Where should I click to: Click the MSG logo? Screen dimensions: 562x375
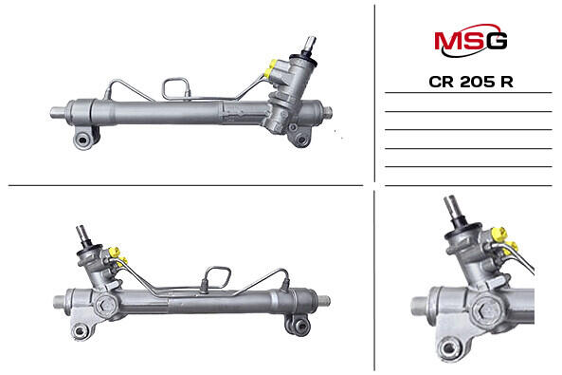click(471, 40)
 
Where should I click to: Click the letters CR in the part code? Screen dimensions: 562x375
click(442, 82)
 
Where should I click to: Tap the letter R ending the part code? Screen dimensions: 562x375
click(507, 82)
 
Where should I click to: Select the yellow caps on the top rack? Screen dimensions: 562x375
click(270, 68)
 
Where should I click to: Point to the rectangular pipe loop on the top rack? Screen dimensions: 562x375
click(175, 88)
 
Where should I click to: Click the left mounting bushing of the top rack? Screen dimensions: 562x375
click(83, 140)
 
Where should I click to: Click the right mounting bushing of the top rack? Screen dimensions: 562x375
click(300, 139)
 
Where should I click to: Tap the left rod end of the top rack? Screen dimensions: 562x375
click(58, 112)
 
